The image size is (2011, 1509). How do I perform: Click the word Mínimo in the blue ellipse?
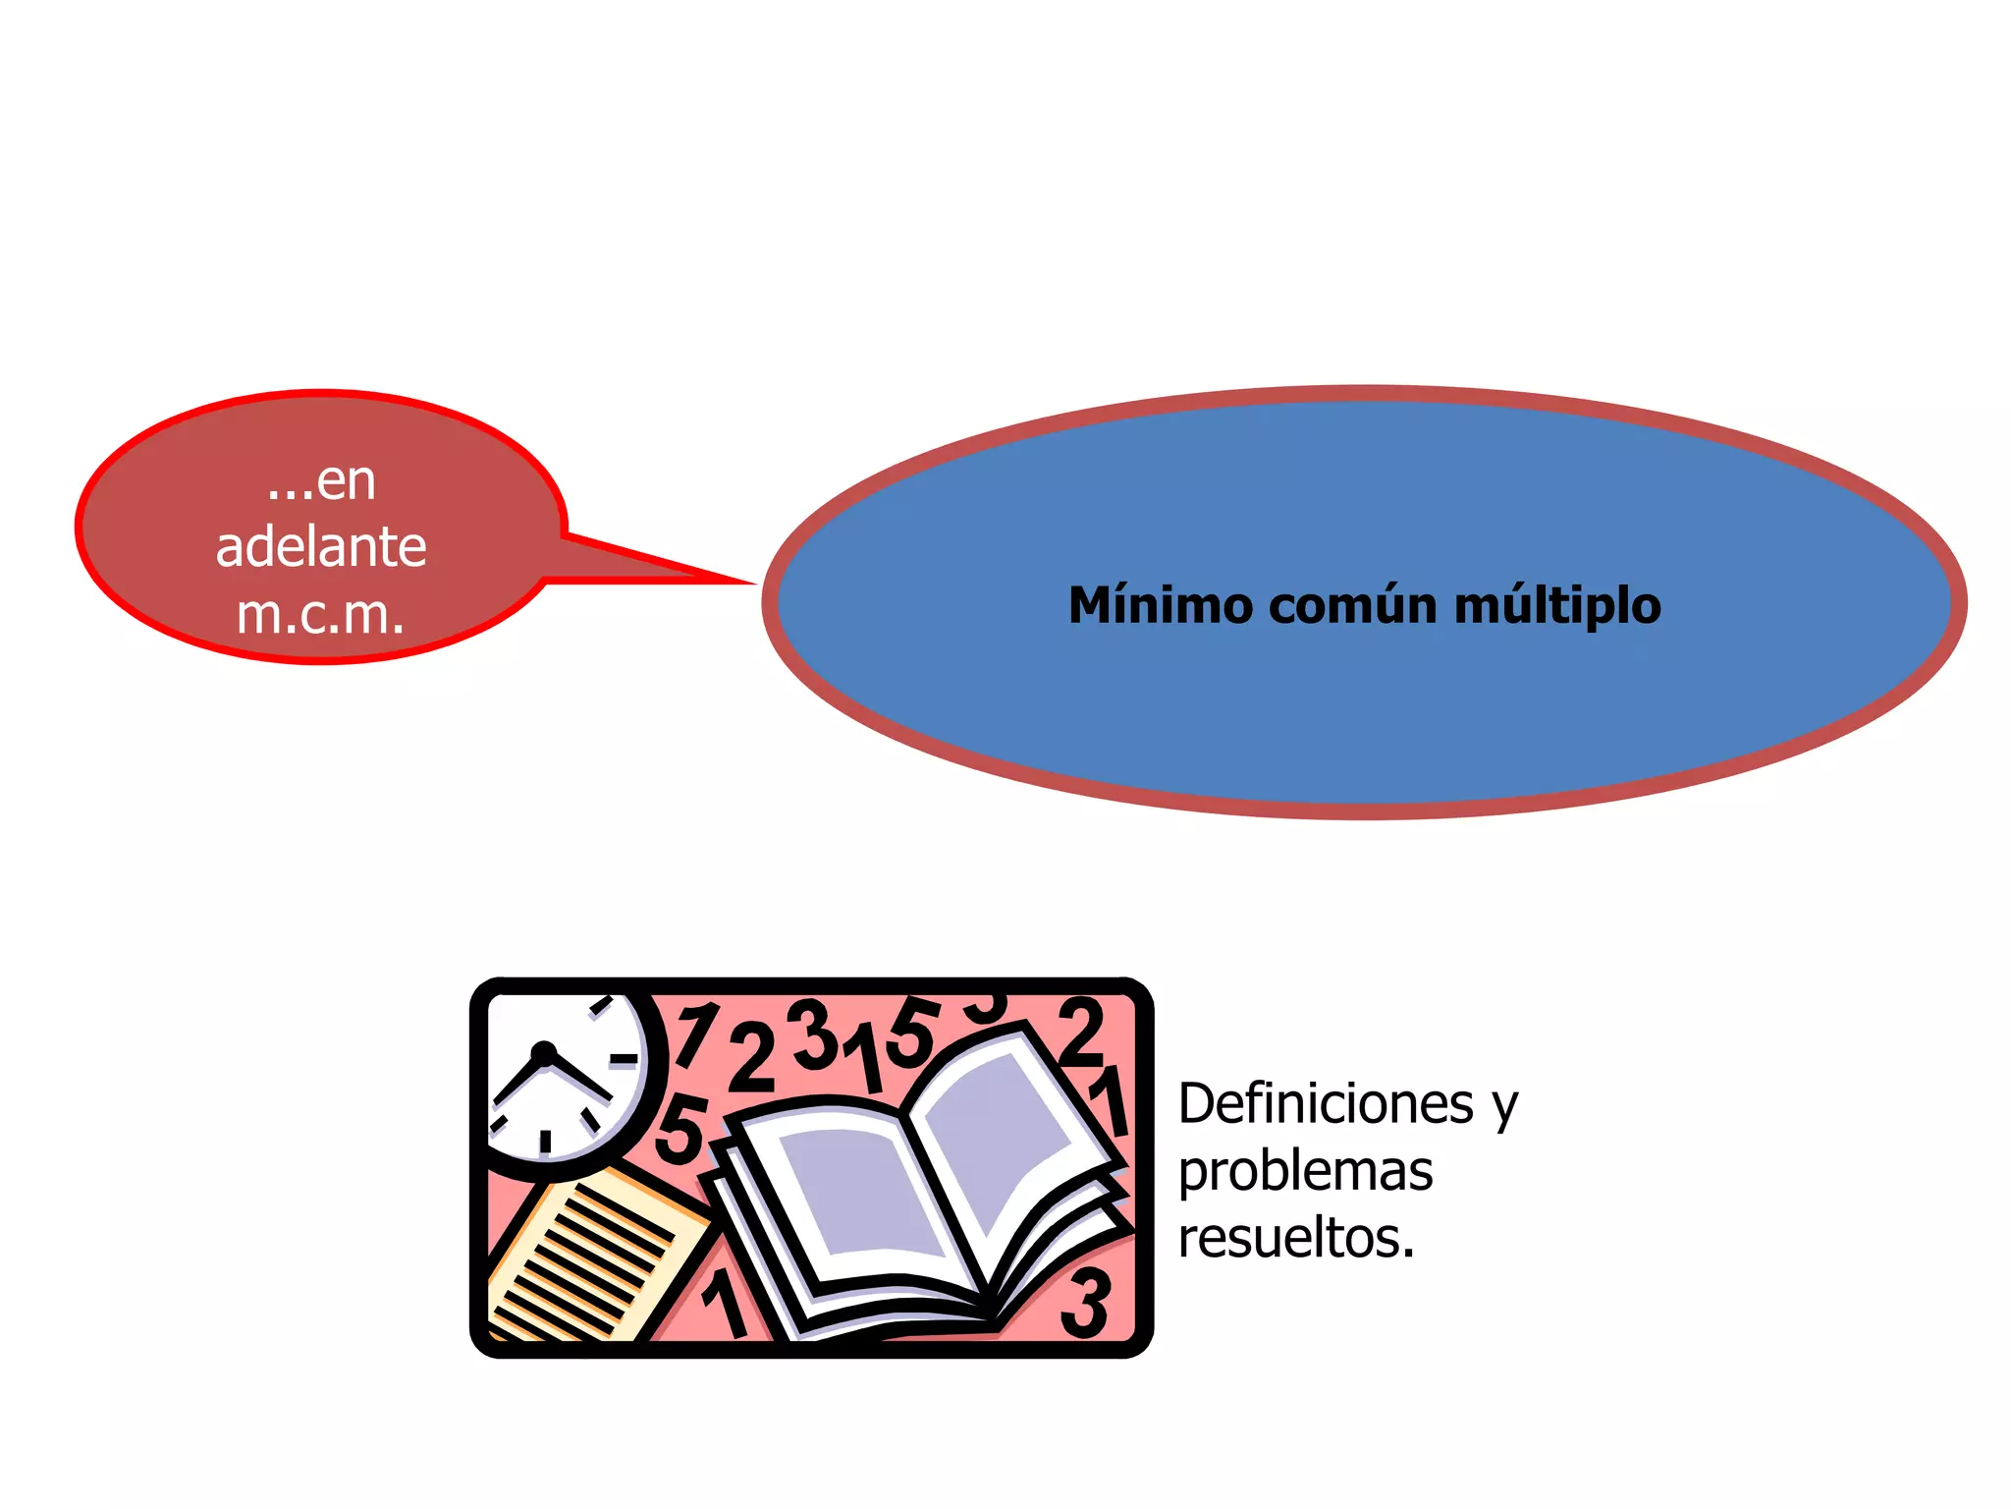click(1161, 605)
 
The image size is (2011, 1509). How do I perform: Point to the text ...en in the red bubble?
click(321, 481)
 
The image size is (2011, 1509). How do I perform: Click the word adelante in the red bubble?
click(321, 547)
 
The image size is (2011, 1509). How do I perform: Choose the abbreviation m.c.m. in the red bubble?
click(321, 615)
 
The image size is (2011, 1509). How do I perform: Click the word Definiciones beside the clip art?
click(1326, 1103)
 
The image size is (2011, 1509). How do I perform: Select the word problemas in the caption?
click(1305, 1171)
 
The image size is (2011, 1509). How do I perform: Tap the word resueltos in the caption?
click(1292, 1238)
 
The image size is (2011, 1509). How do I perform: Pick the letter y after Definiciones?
click(1505, 1106)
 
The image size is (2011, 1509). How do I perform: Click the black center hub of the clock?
click(542, 1054)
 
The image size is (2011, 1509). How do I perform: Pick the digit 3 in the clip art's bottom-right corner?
click(1087, 1303)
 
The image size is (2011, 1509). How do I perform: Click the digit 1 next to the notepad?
click(726, 1302)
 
